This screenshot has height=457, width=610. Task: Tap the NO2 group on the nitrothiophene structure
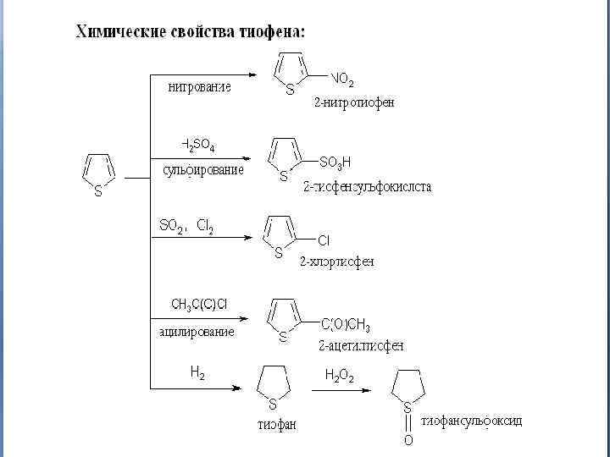[x=342, y=80]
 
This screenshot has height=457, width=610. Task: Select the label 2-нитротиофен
[x=354, y=102]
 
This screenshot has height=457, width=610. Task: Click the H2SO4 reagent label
[x=198, y=146]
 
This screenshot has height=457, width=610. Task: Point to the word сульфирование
[x=203, y=169]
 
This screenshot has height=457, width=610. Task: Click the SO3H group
[x=335, y=161]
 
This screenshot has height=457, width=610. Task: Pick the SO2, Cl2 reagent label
[x=186, y=225]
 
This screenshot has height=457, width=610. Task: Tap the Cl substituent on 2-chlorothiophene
[x=324, y=240]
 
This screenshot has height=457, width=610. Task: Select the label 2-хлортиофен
[x=335, y=262]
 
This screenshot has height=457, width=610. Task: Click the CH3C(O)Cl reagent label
[x=199, y=304]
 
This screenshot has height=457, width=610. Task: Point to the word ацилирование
[x=197, y=332]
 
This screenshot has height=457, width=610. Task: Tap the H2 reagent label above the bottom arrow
[x=197, y=371]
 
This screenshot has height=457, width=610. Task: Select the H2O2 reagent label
[x=340, y=375]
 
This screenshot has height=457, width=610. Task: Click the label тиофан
[x=277, y=424]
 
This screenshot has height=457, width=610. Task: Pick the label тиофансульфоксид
[x=472, y=421]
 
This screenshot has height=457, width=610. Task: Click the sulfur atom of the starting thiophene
[x=98, y=192]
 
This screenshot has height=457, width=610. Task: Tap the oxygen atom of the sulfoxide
[x=408, y=440]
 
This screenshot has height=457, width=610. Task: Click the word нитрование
[x=200, y=86]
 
